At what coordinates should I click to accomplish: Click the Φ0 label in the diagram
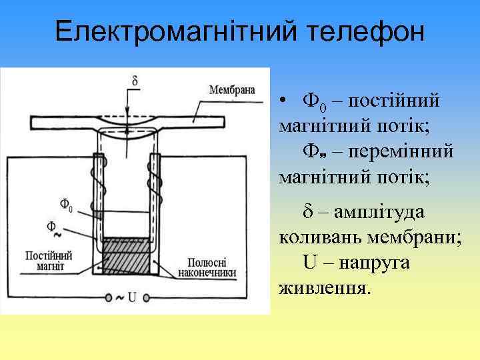click(x=66, y=204)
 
